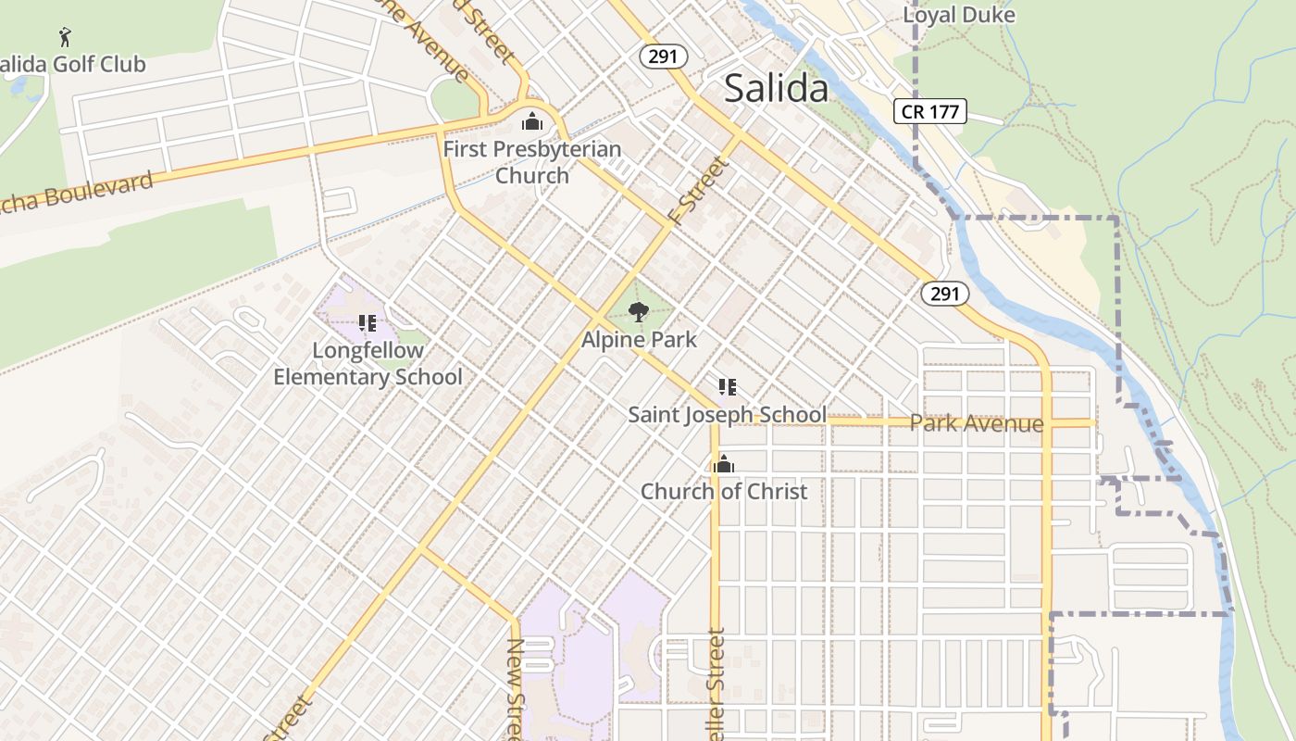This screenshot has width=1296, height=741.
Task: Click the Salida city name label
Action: pyautogui.click(x=776, y=88)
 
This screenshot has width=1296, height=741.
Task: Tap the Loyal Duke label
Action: pyautogui.click(x=958, y=15)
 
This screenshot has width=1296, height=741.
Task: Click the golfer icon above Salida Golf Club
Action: pyautogui.click(x=65, y=37)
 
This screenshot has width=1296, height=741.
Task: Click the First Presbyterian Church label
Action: pyautogui.click(x=532, y=161)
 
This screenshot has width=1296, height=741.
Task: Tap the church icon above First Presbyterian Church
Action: pyautogui.click(x=532, y=121)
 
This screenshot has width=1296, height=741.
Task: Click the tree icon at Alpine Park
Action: pyautogui.click(x=639, y=312)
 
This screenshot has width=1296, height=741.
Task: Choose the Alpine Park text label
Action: pyautogui.click(x=639, y=340)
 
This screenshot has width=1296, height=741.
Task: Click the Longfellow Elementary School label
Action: pyautogui.click(x=368, y=363)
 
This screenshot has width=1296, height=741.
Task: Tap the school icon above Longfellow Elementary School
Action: pyautogui.click(x=368, y=323)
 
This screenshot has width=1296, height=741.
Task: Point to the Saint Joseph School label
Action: pyautogui.click(x=727, y=414)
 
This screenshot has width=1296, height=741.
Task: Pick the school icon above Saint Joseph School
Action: pyautogui.click(x=728, y=387)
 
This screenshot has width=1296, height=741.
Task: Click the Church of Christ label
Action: pyautogui.click(x=724, y=491)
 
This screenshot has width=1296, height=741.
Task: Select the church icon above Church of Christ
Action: pyautogui.click(x=724, y=464)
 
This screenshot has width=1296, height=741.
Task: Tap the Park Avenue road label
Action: pyautogui.click(x=977, y=423)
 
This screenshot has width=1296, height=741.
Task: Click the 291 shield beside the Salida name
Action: pyautogui.click(x=663, y=57)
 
